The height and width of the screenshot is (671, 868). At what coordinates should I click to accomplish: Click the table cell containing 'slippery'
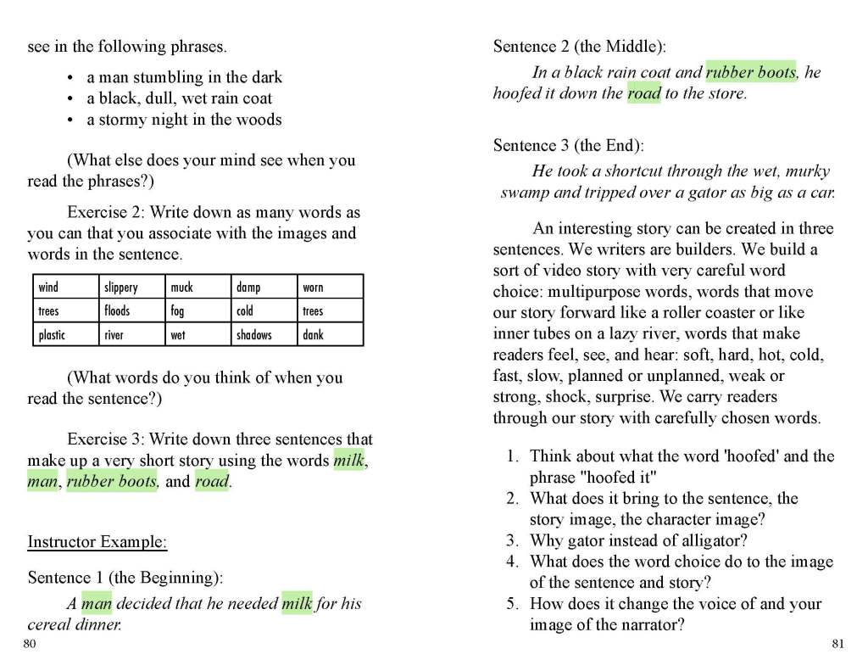click(x=132, y=287)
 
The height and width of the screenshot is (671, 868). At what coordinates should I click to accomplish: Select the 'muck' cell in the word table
click(x=198, y=287)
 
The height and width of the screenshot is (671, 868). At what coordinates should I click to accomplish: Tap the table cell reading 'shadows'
click(x=264, y=334)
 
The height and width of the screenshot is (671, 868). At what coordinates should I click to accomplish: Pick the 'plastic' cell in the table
click(x=65, y=334)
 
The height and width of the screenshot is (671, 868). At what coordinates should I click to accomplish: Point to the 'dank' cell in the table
click(x=331, y=334)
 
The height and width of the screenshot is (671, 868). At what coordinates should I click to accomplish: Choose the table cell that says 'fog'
click(x=198, y=310)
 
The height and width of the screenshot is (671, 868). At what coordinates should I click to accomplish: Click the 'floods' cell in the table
click(x=132, y=310)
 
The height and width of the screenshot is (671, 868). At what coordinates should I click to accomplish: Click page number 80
click(x=30, y=644)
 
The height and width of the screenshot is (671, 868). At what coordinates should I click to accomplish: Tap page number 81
click(x=837, y=644)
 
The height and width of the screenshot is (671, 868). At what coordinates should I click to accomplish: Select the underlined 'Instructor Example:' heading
click(x=97, y=541)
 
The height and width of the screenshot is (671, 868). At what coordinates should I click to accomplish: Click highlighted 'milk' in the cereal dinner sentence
click(x=297, y=604)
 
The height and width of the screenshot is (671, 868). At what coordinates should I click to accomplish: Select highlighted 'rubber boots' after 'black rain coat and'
click(x=750, y=72)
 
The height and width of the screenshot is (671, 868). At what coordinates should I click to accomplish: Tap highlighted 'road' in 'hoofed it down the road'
click(x=643, y=93)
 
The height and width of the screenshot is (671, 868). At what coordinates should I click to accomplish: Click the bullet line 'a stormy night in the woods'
click(x=184, y=120)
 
